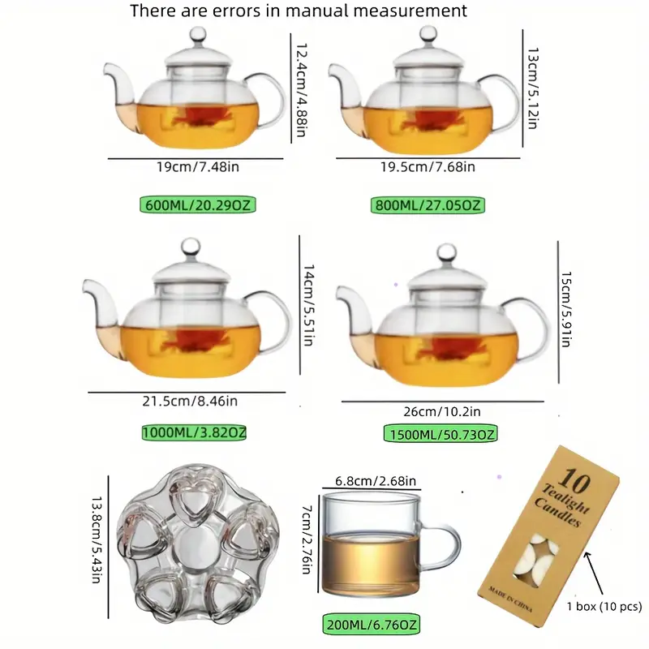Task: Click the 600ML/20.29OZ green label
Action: click(197, 205)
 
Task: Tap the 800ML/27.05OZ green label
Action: click(428, 205)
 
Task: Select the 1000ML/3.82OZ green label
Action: click(194, 432)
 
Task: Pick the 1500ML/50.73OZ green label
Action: click(441, 434)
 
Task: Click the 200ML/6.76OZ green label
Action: click(372, 624)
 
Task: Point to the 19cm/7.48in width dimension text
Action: click(198, 167)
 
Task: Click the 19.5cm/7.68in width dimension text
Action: click(428, 167)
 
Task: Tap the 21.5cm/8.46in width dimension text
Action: click(190, 401)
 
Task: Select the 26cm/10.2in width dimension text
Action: click(442, 411)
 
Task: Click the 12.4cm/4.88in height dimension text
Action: click(301, 90)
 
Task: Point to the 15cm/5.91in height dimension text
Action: click(565, 309)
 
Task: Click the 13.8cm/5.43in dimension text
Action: click(97, 539)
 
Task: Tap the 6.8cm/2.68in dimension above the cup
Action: click(376, 481)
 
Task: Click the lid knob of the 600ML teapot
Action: click(197, 35)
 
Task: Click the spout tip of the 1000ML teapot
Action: click(88, 286)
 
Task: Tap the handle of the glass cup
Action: click(445, 546)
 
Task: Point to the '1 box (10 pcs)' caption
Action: click(604, 606)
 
